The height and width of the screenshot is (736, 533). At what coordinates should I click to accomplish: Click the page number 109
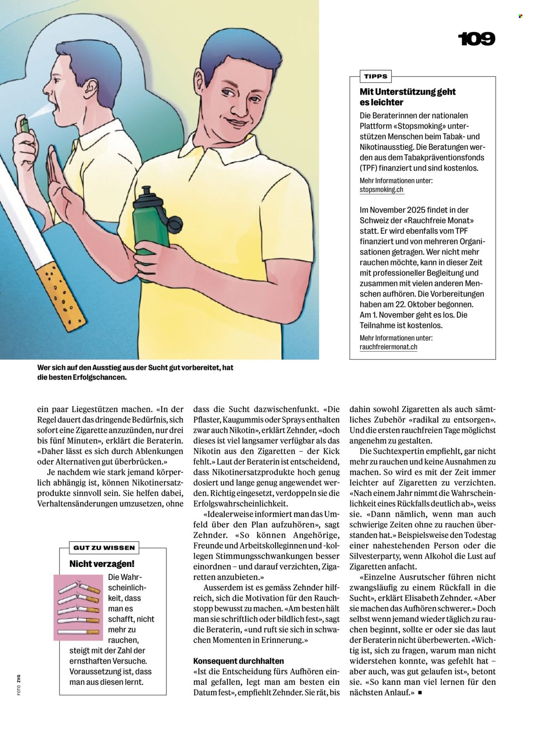476,39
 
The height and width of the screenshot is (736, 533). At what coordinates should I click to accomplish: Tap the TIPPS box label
376,77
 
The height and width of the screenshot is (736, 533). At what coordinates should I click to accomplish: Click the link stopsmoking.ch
381,190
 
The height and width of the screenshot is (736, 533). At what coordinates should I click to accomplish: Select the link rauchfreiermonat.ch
388,347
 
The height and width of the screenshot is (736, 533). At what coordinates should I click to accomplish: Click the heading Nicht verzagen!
102,564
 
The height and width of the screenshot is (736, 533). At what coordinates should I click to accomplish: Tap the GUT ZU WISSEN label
104,548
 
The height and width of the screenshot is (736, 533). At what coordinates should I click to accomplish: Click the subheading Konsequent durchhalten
238,661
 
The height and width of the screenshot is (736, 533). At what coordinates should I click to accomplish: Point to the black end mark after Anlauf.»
420,693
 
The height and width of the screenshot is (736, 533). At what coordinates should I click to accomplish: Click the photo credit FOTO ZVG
19,684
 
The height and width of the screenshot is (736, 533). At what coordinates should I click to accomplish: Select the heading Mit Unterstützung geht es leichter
407,97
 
